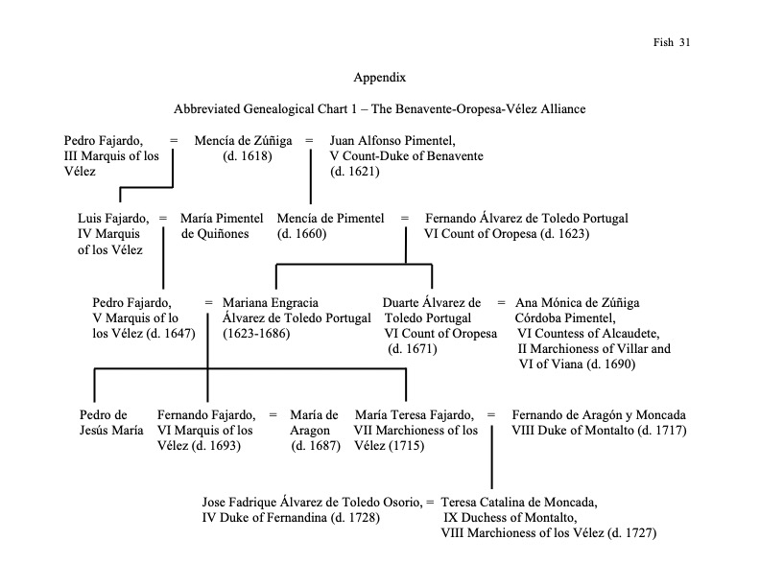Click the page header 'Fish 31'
pos(672,41)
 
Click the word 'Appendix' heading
pos(379,76)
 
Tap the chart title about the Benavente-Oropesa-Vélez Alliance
pos(379,109)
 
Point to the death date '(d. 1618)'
pos(248,156)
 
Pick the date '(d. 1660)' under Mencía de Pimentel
pos(302,234)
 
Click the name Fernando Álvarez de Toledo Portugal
pos(527,219)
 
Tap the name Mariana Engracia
pos(271,302)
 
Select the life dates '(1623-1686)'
pos(256,333)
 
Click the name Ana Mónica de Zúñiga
pos(578,302)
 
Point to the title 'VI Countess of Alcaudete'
pos(588,333)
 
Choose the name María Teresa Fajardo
pos(414,414)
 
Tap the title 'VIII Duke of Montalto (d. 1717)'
pos(600,430)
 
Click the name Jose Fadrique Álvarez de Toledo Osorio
pos(311,502)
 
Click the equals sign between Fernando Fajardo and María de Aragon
pos(273,414)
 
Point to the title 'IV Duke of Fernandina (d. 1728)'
pos(291,517)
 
